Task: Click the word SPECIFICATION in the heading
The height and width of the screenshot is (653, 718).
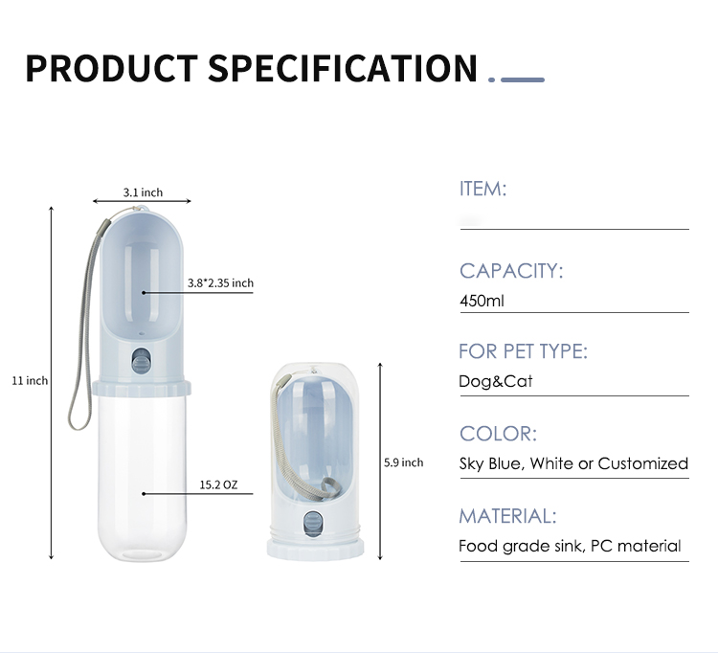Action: [342, 69]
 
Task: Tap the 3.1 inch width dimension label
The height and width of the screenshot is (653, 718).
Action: [143, 192]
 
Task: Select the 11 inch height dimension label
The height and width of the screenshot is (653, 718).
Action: [30, 381]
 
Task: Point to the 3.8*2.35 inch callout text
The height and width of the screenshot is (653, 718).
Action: [220, 282]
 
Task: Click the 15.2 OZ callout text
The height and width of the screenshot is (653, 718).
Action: [218, 485]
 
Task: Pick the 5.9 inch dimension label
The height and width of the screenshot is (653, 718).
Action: [403, 462]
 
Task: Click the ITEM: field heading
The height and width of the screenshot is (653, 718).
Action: [482, 189]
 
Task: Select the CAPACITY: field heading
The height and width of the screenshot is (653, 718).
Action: [511, 271]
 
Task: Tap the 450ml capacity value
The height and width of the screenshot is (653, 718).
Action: [482, 301]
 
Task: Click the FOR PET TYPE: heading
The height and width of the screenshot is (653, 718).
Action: [523, 351]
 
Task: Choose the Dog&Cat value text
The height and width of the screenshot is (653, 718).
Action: [495, 381]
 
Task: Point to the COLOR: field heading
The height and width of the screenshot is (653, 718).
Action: [498, 434]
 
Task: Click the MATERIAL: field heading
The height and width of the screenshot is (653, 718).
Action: [506, 516]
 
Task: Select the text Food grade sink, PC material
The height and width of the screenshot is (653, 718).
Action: [570, 546]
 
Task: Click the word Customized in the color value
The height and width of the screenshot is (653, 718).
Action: [642, 463]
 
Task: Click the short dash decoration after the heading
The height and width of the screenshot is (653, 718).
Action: [523, 79]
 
